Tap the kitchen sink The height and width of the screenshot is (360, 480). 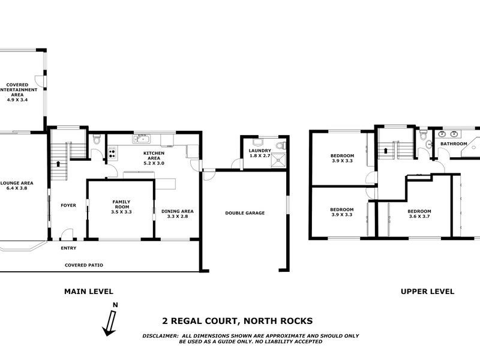pyautogui.click(x=142, y=139)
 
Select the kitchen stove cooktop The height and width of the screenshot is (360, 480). pyautogui.click(x=112, y=154)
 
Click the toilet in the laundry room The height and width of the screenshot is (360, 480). pyautogui.click(x=283, y=146)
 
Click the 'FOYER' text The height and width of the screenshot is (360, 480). pyautogui.click(x=68, y=205)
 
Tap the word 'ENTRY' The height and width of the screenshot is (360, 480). pyautogui.click(x=68, y=248)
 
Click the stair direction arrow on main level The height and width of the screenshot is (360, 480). pyautogui.click(x=58, y=164)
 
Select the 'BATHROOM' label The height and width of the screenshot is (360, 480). pyautogui.click(x=454, y=144)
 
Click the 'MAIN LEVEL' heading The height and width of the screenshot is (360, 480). pyautogui.click(x=89, y=292)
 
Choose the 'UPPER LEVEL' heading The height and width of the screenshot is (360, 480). pyautogui.click(x=423, y=292)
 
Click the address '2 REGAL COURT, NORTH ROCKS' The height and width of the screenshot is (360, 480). pyautogui.click(x=238, y=321)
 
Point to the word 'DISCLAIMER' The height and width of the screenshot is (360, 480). pyautogui.click(x=160, y=335)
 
